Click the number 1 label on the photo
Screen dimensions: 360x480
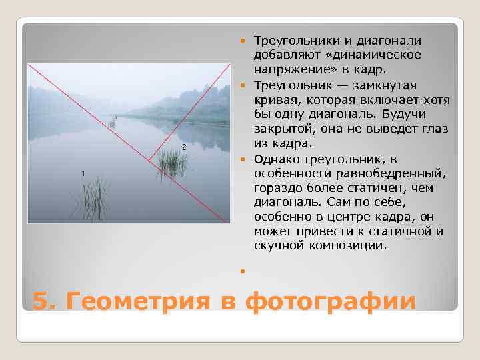click(83, 173)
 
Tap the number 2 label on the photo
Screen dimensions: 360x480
click(183, 147)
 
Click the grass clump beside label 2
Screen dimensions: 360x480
click(172, 163)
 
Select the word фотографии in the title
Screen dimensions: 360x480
click(331, 301)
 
